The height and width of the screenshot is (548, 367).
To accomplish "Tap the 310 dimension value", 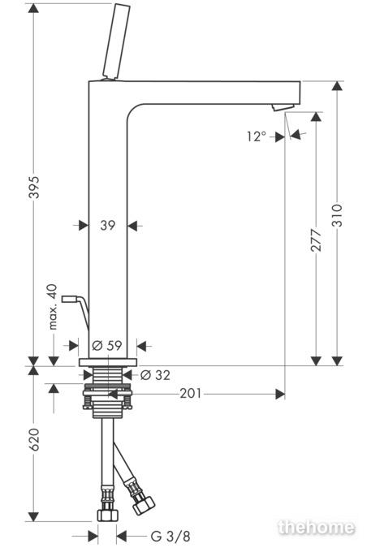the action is [338, 215].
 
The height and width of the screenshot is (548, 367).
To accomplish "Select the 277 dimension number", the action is [317, 240].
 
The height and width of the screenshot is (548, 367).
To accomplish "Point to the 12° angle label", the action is [257, 136].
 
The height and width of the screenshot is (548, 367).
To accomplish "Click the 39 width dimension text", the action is [108, 226].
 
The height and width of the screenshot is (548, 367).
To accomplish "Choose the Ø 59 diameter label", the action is [107, 345].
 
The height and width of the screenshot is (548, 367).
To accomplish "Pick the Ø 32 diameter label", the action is [155, 375].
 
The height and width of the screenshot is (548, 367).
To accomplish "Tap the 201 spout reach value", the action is [191, 394].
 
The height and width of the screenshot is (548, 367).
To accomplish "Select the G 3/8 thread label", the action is [171, 536].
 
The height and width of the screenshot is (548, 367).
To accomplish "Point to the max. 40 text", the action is [53, 307].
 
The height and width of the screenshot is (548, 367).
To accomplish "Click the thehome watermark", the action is [317, 527].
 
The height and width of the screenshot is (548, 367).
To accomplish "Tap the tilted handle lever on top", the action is [116, 41].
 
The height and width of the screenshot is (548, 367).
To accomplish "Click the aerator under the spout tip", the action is [283, 107].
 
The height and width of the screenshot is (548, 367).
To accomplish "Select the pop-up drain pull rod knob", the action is [69, 299].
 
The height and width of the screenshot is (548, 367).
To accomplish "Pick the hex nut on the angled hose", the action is [143, 505].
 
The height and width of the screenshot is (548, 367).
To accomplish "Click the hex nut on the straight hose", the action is [107, 514].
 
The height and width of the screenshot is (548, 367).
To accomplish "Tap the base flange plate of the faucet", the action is [108, 362].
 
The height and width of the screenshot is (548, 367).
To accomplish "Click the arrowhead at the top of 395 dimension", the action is [33, 8].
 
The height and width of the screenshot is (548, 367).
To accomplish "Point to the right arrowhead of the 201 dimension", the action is [280, 394].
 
